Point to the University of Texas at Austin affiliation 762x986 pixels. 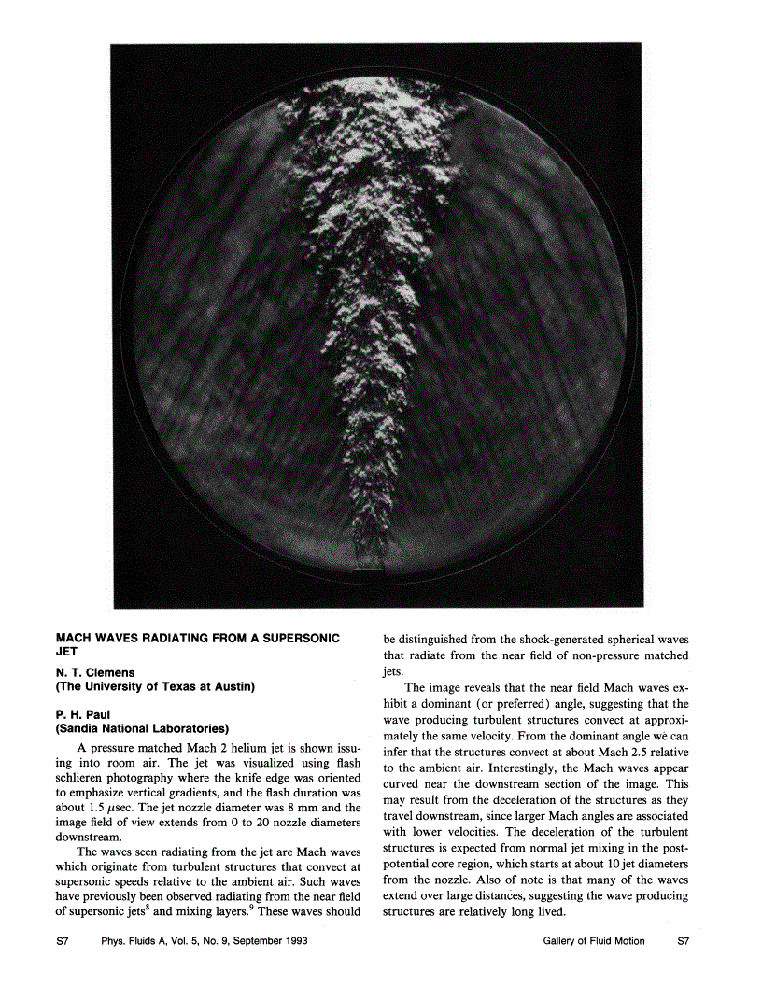[x=156, y=687]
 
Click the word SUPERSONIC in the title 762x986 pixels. [x=298, y=638]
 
